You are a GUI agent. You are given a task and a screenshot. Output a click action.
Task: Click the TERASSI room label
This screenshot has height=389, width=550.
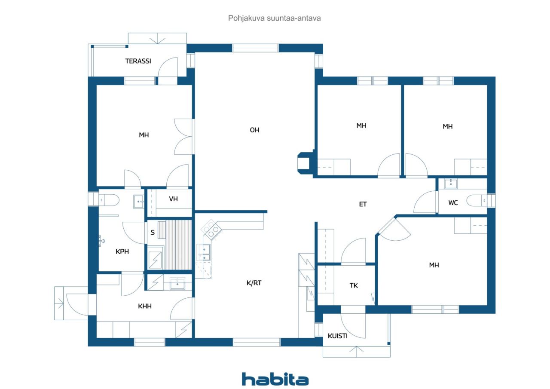click(138, 61)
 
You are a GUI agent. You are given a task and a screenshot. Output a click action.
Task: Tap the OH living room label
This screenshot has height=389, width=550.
click(254, 130)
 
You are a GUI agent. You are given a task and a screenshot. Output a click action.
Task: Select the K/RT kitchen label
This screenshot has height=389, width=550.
click(254, 283)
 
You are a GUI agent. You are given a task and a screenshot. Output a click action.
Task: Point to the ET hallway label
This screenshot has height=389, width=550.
click(363, 204)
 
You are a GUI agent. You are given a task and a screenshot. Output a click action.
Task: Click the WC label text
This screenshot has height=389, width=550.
click(453, 202)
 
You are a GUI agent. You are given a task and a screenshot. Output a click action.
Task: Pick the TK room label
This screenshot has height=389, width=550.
click(354, 285)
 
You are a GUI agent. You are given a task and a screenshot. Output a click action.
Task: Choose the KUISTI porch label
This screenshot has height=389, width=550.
click(338, 336)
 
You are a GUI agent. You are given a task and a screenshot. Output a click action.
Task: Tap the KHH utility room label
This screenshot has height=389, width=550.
click(145, 306)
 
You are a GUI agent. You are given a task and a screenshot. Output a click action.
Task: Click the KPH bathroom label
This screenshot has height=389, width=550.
click(122, 251)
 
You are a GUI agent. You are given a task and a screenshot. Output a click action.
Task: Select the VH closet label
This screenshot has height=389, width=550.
click(173, 199)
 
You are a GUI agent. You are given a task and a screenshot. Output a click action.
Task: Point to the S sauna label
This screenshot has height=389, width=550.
click(153, 232)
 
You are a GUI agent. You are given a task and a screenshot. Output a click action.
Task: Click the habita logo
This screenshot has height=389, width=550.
click(275, 379)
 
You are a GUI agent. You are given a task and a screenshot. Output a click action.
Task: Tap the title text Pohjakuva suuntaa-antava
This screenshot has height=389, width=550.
click(274, 18)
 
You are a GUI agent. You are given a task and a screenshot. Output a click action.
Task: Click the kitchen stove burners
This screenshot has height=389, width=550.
click(211, 230)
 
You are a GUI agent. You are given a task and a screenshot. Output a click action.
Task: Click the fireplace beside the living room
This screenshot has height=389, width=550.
click(305, 163)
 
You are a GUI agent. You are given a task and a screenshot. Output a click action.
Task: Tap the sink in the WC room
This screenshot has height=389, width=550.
click(451, 184)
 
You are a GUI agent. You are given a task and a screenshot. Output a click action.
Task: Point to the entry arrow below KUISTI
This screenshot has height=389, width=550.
click(356, 352)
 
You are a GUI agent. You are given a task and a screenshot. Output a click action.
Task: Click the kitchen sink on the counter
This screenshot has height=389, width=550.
click(204, 252)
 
